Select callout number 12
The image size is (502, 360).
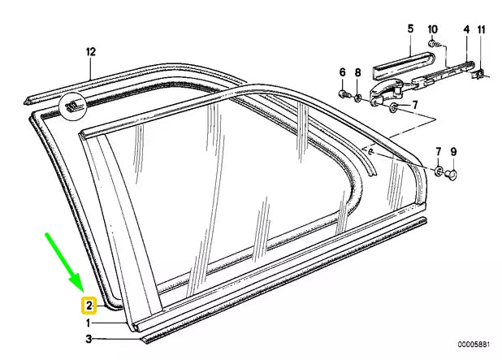tap(91, 52)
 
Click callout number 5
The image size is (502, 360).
tap(411, 29)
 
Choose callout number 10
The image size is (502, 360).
tap(433, 29)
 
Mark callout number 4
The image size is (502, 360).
tap(466, 29)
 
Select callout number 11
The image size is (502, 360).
tap(481, 29)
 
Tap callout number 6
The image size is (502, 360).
tap(342, 72)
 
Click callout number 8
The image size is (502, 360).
tap(358, 72)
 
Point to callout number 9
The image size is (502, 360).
tap(454, 151)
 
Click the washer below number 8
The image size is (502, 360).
tap(358, 98)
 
